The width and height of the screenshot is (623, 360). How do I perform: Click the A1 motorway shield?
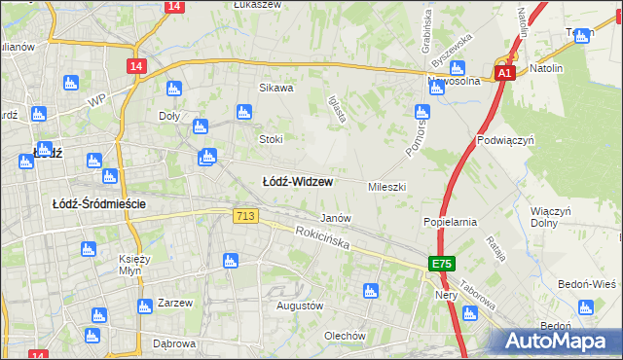(x=503, y=73)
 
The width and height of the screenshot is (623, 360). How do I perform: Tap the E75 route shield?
(x=443, y=264)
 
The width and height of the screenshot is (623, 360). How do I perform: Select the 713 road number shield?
(x=245, y=215)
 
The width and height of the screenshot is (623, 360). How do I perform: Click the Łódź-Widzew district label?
(x=298, y=181)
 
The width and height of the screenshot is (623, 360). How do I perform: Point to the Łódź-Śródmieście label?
(x=98, y=203)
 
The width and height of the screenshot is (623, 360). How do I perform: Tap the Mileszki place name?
(x=386, y=186)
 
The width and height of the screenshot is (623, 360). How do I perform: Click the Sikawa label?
(x=275, y=88)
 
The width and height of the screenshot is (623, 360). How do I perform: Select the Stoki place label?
(x=270, y=139)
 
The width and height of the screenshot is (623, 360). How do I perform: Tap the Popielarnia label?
(x=450, y=222)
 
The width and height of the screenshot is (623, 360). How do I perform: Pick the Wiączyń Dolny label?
(x=550, y=216)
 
